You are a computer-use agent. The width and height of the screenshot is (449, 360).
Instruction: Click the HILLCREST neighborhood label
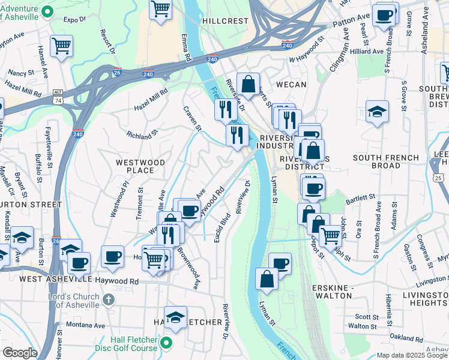[x=225, y=20]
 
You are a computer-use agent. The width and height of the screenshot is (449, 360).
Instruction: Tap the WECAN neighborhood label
[x=291, y=85]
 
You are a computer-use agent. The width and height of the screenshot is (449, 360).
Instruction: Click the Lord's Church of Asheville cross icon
[x=108, y=299]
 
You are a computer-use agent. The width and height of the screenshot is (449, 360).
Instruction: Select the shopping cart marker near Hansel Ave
[x=61, y=46]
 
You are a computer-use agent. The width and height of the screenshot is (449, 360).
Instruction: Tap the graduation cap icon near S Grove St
[x=377, y=111]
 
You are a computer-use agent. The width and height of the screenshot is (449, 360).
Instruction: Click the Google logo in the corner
[x=20, y=353]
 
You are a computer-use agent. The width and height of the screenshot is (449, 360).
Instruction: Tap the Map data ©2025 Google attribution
[x=412, y=355]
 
